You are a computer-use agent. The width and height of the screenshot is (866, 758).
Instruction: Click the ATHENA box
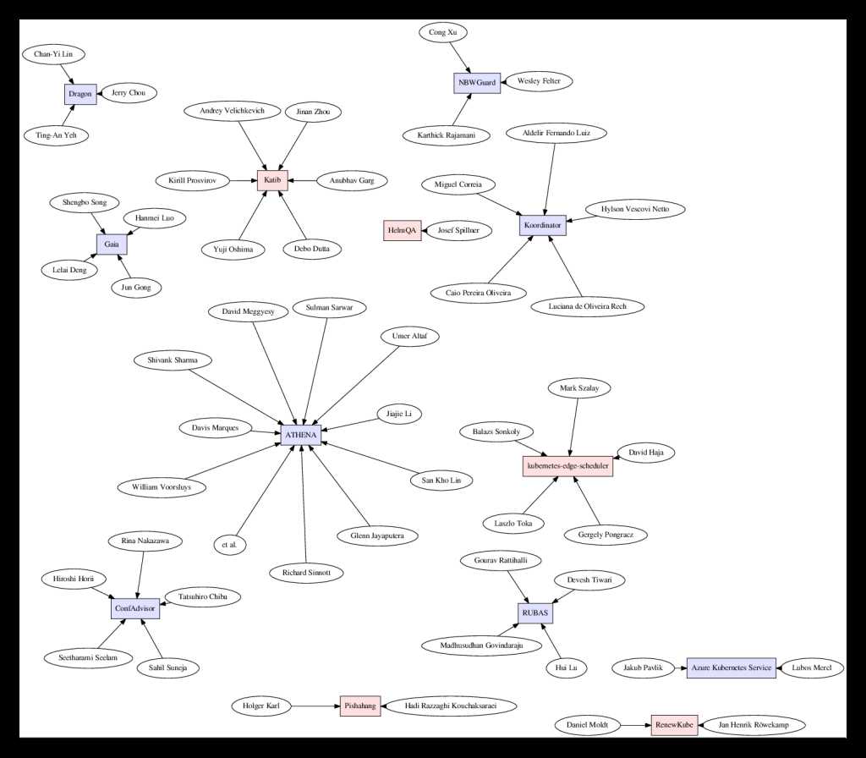point(301,435)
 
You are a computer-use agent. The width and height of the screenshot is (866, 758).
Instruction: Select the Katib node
point(272,180)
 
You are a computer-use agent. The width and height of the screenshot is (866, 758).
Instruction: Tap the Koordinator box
point(542,225)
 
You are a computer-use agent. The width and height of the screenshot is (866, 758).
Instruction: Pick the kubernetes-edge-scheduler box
point(567,465)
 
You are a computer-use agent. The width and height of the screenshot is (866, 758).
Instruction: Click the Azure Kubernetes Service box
point(732,668)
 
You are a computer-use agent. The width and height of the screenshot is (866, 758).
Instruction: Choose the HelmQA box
point(403,230)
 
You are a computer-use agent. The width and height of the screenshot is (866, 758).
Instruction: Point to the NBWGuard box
point(477,83)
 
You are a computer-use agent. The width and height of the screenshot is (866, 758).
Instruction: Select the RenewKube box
point(674,725)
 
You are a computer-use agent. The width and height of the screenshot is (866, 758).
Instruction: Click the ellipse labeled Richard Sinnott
point(307,573)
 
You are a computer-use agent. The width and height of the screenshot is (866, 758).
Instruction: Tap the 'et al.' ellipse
point(230,544)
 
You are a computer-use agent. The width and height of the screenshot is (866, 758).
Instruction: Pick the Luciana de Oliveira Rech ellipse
point(588,306)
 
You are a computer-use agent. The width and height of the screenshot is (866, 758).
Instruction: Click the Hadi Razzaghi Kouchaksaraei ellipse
point(451,706)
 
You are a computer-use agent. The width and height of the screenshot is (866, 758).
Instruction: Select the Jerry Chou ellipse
point(129,93)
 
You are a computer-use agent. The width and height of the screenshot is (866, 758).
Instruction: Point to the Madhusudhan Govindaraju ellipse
point(482,645)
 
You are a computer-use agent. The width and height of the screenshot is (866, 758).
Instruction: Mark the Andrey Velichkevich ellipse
point(232,111)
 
